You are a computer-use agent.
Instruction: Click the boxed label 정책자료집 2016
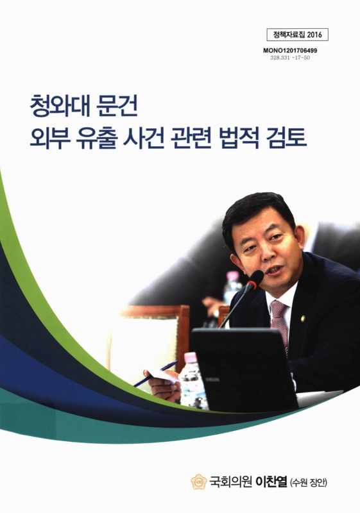(x=295, y=35)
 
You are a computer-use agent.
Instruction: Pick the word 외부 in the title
(x=49, y=138)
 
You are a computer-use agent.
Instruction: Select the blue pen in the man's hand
(x=155, y=373)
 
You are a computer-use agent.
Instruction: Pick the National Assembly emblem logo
(x=199, y=481)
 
